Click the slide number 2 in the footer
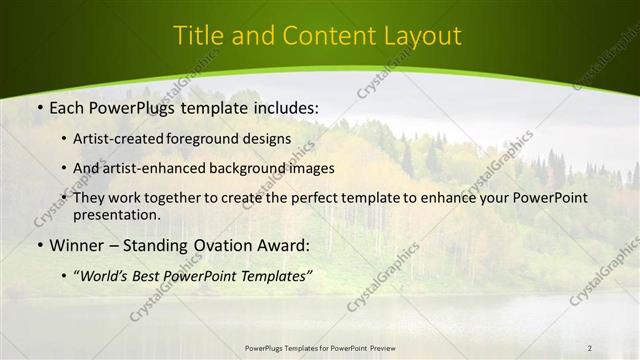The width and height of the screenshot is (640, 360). (x=589, y=347)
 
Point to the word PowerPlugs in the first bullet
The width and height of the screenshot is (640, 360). (x=129, y=105)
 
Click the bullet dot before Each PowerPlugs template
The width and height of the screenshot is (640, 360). (x=39, y=105)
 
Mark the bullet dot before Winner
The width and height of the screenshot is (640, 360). (x=39, y=245)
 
